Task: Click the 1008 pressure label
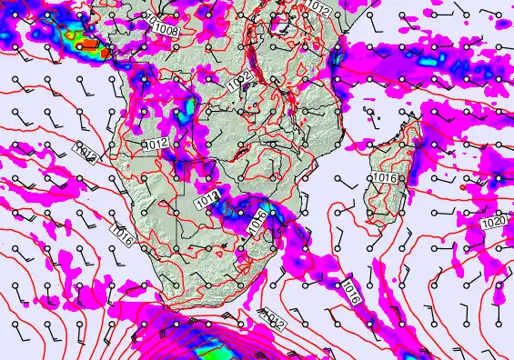(x=166, y=30)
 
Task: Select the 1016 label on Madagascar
(x=384, y=177)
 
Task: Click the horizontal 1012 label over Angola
(x=156, y=144)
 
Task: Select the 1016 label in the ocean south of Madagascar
(x=351, y=291)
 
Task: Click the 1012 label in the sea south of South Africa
(x=275, y=318)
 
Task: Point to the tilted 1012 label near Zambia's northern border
(x=238, y=83)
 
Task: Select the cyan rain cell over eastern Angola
(x=186, y=111)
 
